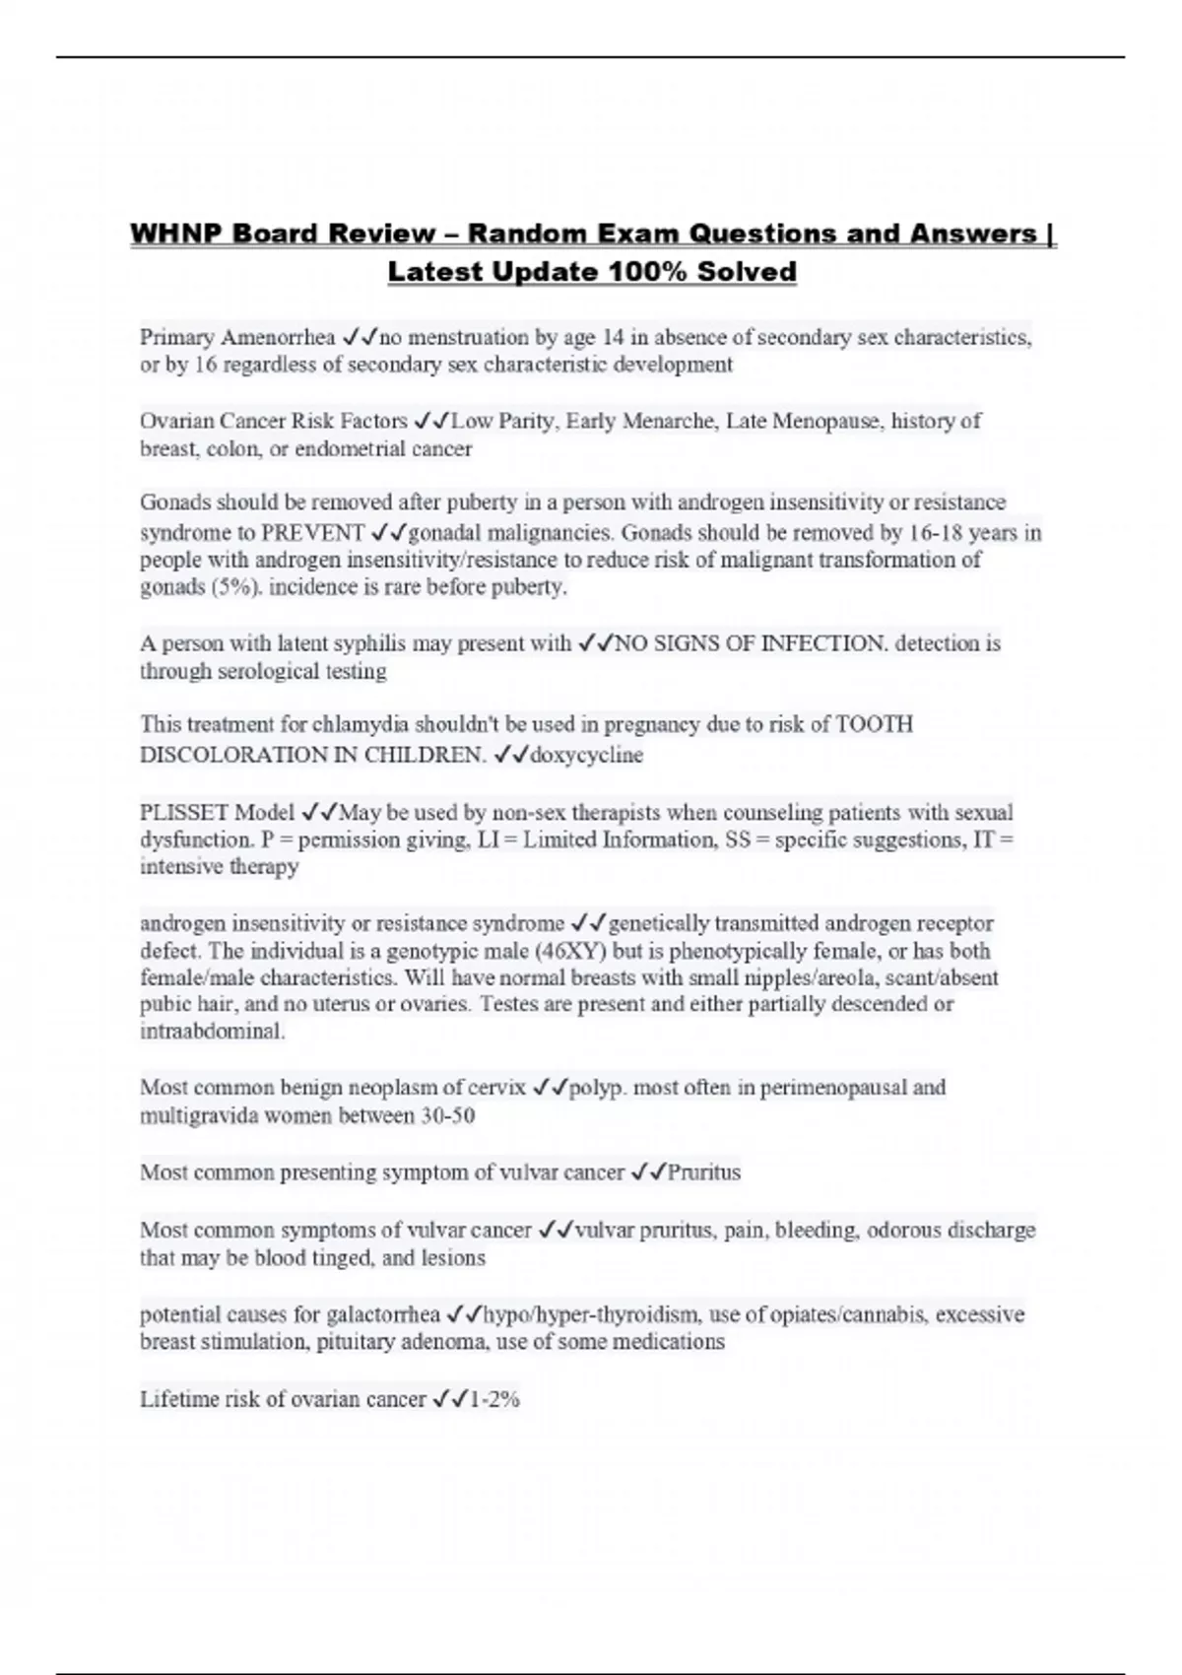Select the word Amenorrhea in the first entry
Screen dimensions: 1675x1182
click(279, 337)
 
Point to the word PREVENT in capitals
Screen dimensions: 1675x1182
click(313, 533)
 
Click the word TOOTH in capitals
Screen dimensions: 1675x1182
click(874, 724)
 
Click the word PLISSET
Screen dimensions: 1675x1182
click(188, 812)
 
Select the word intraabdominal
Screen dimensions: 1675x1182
click(212, 1032)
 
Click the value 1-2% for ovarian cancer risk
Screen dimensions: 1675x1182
click(494, 1399)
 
